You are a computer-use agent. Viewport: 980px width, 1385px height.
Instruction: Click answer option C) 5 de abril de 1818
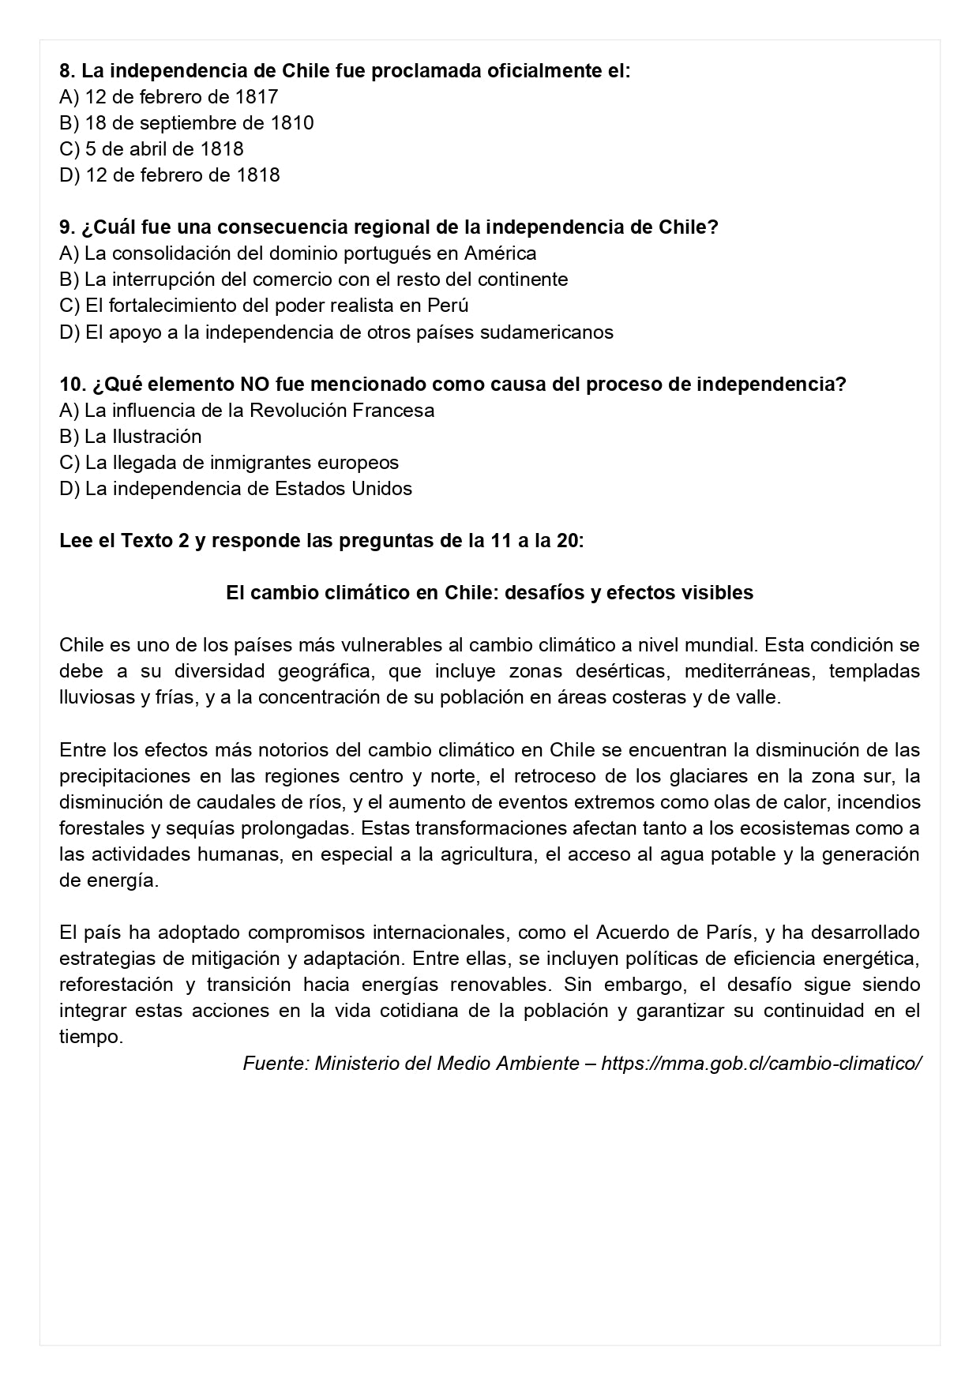tap(151, 148)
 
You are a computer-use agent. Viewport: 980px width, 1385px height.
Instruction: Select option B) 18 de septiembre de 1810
tap(186, 122)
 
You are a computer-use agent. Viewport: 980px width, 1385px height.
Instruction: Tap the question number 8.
tap(66, 70)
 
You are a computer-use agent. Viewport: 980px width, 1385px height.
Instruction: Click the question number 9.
tap(66, 227)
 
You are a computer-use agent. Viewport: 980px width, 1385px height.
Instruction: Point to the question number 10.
tap(71, 384)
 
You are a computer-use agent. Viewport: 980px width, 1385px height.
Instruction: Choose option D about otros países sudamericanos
tap(336, 332)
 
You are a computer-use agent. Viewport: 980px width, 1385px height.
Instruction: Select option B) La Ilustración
tap(130, 436)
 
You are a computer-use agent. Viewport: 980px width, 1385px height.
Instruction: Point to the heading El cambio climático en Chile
tap(490, 592)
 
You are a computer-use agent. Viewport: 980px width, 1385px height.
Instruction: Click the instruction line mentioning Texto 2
tap(321, 541)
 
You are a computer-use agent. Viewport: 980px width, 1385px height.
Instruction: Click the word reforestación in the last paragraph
tap(116, 984)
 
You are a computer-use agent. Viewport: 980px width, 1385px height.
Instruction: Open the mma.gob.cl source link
tap(760, 1063)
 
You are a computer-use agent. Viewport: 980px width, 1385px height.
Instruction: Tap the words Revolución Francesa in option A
tap(342, 410)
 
